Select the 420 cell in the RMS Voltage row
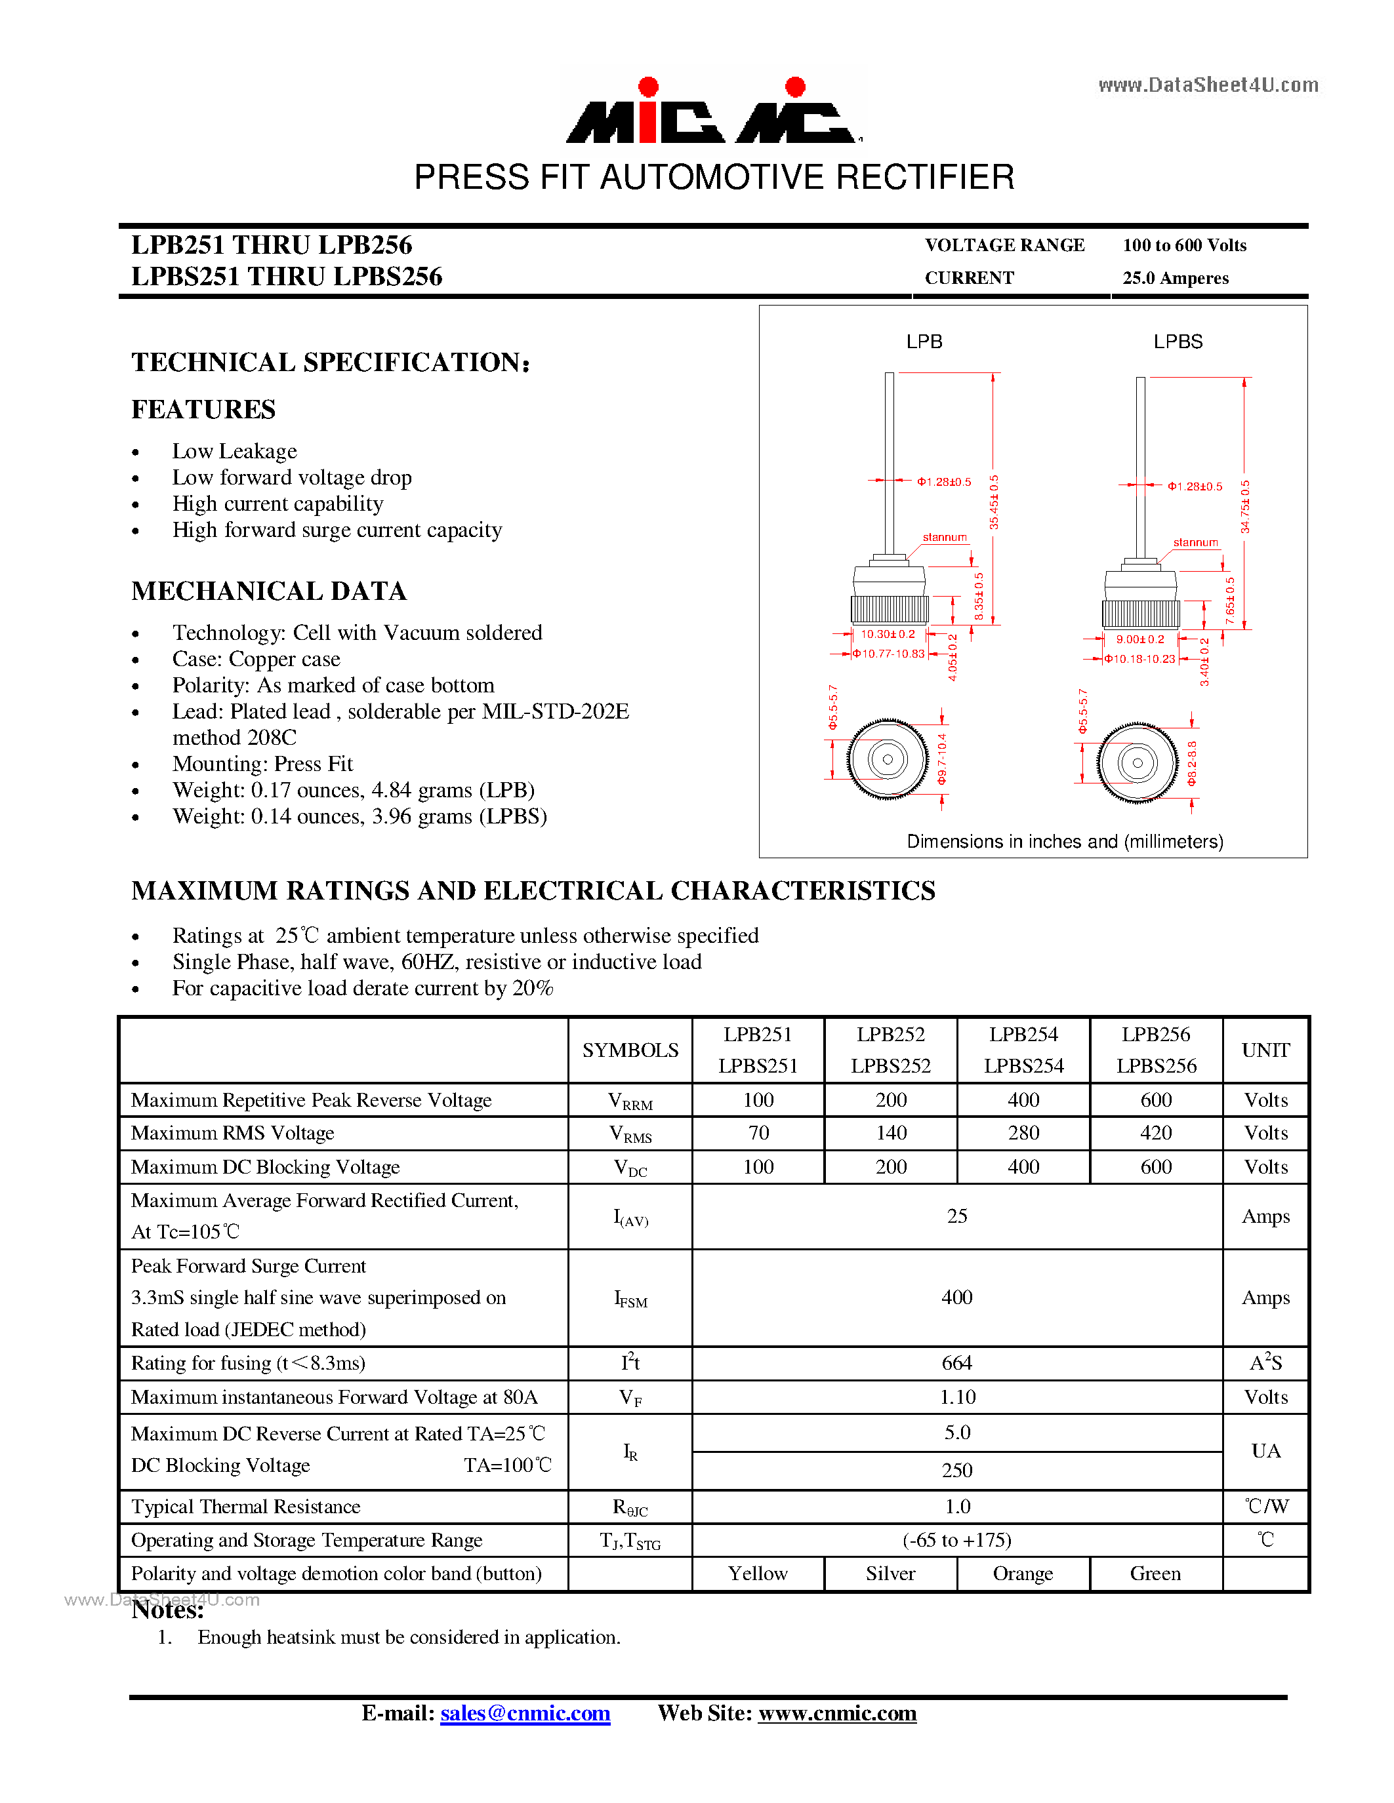point(1155,1133)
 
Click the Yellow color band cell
point(757,1574)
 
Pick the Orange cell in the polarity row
point(1023,1574)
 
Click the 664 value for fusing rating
point(956,1363)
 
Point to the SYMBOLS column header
point(630,1050)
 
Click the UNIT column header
point(1265,1050)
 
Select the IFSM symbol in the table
point(630,1299)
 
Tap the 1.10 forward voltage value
point(956,1397)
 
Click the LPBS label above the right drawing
point(1178,342)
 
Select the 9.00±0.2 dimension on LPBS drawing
point(1139,640)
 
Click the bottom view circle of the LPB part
point(888,759)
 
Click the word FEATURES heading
point(203,410)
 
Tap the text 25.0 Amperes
point(1174,278)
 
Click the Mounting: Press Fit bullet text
point(262,764)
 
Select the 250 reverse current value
point(956,1471)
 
